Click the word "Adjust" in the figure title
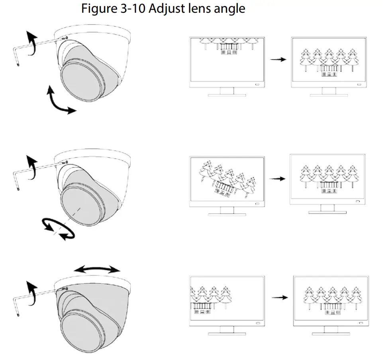point(168,8)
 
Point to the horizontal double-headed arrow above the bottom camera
point(97,270)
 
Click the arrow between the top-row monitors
point(278,60)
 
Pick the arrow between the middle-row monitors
point(277,179)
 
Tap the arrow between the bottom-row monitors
point(279,297)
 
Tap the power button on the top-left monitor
point(256,85)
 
